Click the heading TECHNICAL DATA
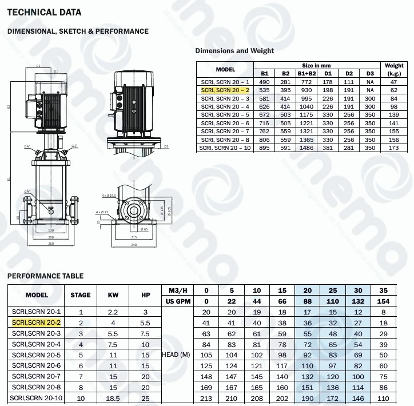pyautogui.click(x=44, y=12)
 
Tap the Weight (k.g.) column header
pyautogui.click(x=394, y=69)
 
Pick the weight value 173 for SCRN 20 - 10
pyautogui.click(x=394, y=148)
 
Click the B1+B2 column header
pyautogui.click(x=306, y=73)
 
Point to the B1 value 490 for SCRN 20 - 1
pyautogui.click(x=265, y=82)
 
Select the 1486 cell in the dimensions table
pyautogui.click(x=306, y=148)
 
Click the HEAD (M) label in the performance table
pyautogui.click(x=176, y=355)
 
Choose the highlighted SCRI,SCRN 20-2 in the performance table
pyautogui.click(x=37, y=323)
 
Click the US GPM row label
pyautogui.click(x=178, y=301)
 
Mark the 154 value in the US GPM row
pyautogui.click(x=383, y=301)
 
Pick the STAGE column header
pyautogui.click(x=81, y=295)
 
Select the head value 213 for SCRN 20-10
pyautogui.click(x=206, y=397)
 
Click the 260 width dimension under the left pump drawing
pyautogui.click(x=50, y=244)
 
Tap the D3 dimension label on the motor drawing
pyautogui.click(x=165, y=146)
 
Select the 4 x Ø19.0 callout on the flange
pyautogui.click(x=108, y=196)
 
